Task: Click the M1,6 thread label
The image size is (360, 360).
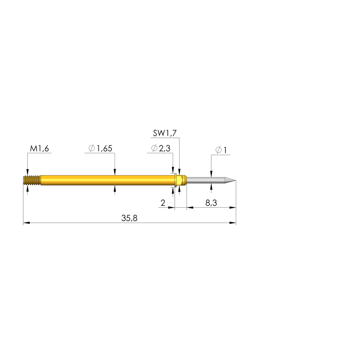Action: point(39,149)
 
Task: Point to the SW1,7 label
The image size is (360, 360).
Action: point(165,133)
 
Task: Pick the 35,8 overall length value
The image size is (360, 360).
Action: point(129,218)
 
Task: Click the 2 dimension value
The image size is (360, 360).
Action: point(163,203)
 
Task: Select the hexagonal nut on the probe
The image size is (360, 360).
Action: point(180,180)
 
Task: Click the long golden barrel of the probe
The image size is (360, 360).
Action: point(105,180)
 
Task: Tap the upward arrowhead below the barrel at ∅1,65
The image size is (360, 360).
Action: point(115,189)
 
